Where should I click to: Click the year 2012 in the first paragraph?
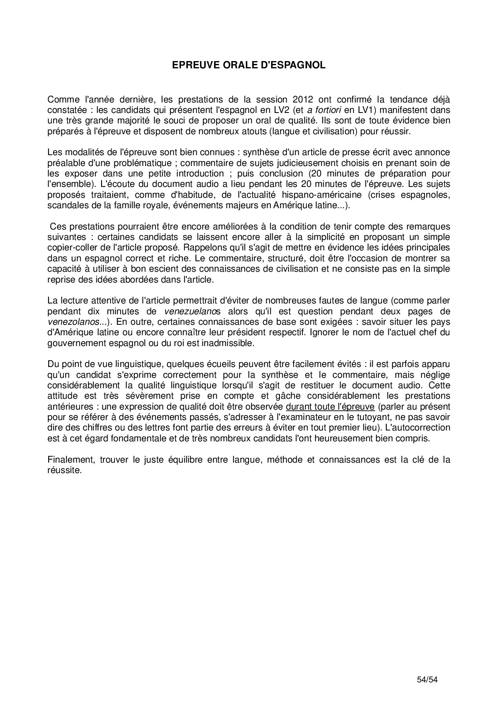coord(302,99)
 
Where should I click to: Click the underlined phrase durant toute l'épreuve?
coord(330,406)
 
